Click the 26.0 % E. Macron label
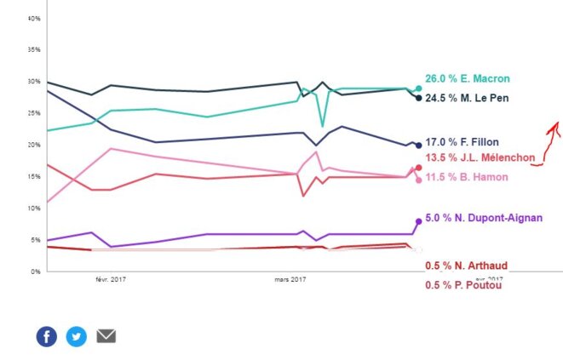[x=467, y=79]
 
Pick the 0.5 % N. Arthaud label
[x=466, y=266]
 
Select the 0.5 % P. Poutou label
[x=464, y=285]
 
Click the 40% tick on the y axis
[x=35, y=18]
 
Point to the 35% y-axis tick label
[x=35, y=50]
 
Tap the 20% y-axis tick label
[x=35, y=145]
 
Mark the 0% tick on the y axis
[x=37, y=271]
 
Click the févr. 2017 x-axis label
[x=111, y=278]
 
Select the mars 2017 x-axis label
[x=290, y=278]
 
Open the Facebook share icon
[x=47, y=336]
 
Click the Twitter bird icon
[x=77, y=336]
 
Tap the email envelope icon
[x=106, y=336]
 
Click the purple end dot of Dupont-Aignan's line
[x=418, y=221]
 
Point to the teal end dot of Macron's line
[x=418, y=89]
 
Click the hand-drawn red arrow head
[x=554, y=125]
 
